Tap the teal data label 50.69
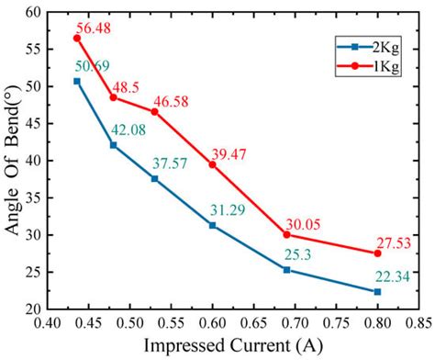pos(93,65)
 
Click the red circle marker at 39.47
pos(212,164)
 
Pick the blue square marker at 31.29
pos(212,225)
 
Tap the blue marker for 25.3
pos(286,270)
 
